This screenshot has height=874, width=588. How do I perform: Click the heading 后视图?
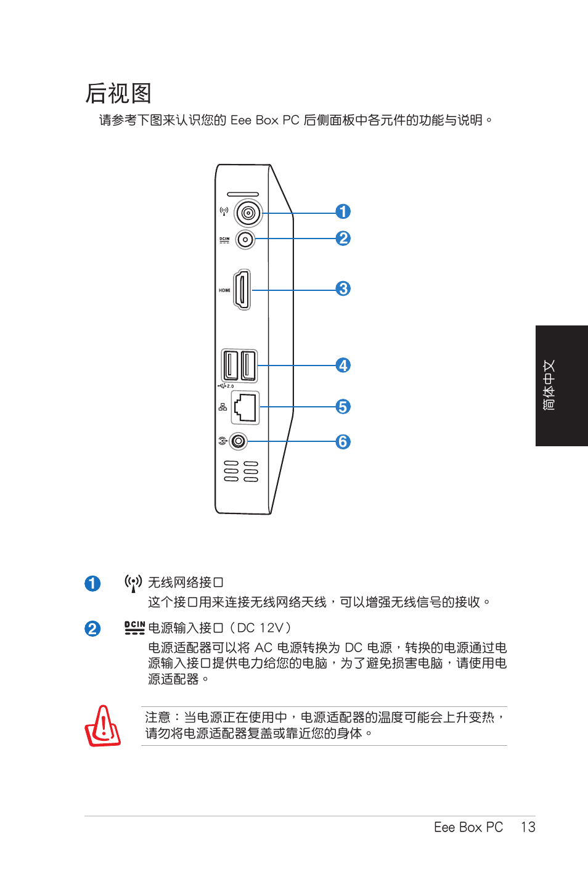[118, 94]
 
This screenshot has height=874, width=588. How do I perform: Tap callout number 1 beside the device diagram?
[343, 212]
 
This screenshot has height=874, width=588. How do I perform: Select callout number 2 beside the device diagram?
[343, 239]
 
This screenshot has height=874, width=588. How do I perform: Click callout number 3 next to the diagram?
[343, 288]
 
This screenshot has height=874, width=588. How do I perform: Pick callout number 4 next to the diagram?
[343, 366]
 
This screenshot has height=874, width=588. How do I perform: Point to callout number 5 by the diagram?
[343, 407]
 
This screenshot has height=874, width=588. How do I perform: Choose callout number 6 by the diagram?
[343, 442]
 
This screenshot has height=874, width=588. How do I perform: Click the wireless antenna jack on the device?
[248, 213]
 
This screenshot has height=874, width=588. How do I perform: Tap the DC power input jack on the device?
[245, 239]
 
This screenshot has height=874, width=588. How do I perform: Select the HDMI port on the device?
[242, 290]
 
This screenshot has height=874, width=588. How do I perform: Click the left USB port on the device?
[231, 366]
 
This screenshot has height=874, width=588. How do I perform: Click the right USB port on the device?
[248, 366]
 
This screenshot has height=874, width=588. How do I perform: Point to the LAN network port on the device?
[245, 407]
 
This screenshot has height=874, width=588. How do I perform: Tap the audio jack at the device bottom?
[239, 441]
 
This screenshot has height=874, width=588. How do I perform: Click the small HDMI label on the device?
[224, 290]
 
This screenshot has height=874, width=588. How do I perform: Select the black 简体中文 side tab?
[561, 385]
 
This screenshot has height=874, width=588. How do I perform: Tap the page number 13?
[528, 827]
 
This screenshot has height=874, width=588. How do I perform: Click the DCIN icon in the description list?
[134, 627]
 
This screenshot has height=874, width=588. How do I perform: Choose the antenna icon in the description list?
[133, 583]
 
